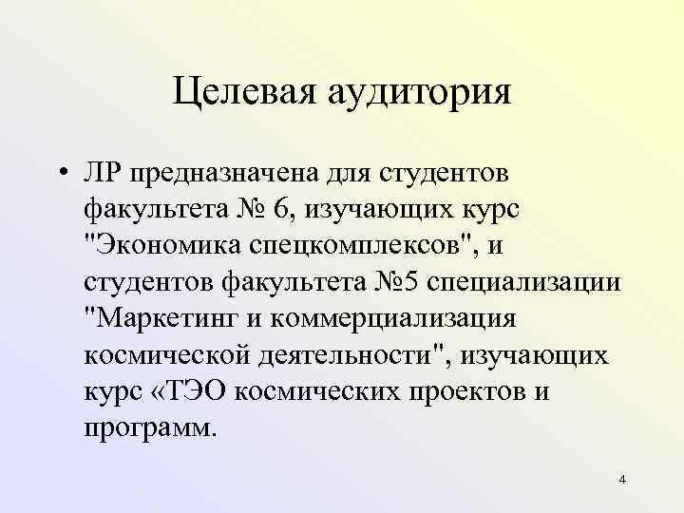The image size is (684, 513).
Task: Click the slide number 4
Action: [621, 480]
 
